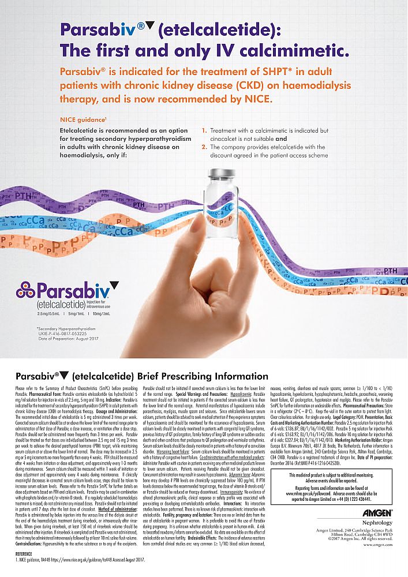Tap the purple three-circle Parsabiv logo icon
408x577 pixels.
click(x=26, y=290)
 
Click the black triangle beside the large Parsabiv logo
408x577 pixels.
click(x=114, y=284)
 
